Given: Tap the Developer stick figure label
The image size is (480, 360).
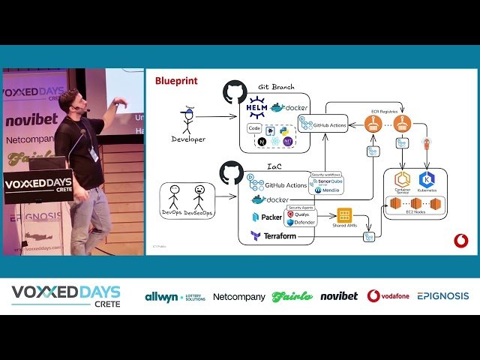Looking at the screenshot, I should tap(187, 139).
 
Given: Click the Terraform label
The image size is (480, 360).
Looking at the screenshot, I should tap(278, 236).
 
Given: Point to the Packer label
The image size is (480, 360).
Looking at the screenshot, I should tap(271, 217).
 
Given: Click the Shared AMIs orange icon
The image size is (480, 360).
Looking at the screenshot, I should tap(344, 216).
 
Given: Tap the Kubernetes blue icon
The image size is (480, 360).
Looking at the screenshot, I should tap(427, 179).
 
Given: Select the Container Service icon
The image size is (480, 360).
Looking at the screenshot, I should tap(402, 179).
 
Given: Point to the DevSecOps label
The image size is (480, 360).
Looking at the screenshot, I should tap(199, 213).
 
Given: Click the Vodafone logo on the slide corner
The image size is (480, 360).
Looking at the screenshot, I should tap(460, 240).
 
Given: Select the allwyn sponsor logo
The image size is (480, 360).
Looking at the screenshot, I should tap(175, 296).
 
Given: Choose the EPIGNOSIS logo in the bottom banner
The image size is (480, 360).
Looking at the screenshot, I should tap(442, 296).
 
